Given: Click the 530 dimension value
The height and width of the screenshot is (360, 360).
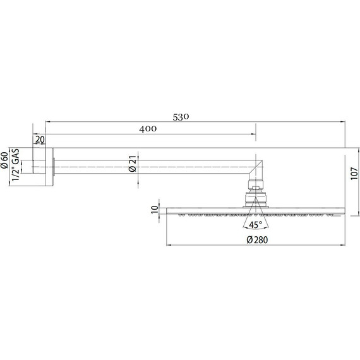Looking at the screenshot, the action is tap(181, 117).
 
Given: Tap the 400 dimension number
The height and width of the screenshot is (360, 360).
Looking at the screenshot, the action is tap(148, 129).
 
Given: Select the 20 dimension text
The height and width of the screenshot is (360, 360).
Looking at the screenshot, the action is tap(40, 140).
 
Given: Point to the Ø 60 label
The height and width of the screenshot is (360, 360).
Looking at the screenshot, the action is tap(4, 160).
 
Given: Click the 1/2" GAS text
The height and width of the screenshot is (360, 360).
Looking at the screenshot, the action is tap(16, 165).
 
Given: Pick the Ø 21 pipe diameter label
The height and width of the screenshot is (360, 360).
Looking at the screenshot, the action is tap(133, 164).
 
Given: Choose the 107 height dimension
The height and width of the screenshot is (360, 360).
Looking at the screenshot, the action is tap(354, 174).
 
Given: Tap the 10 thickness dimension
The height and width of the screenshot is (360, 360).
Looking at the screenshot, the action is tap(155, 209).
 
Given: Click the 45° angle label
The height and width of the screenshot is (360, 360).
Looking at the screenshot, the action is tap(256, 225).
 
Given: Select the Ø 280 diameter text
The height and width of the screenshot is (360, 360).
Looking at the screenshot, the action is tap(257, 240).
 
